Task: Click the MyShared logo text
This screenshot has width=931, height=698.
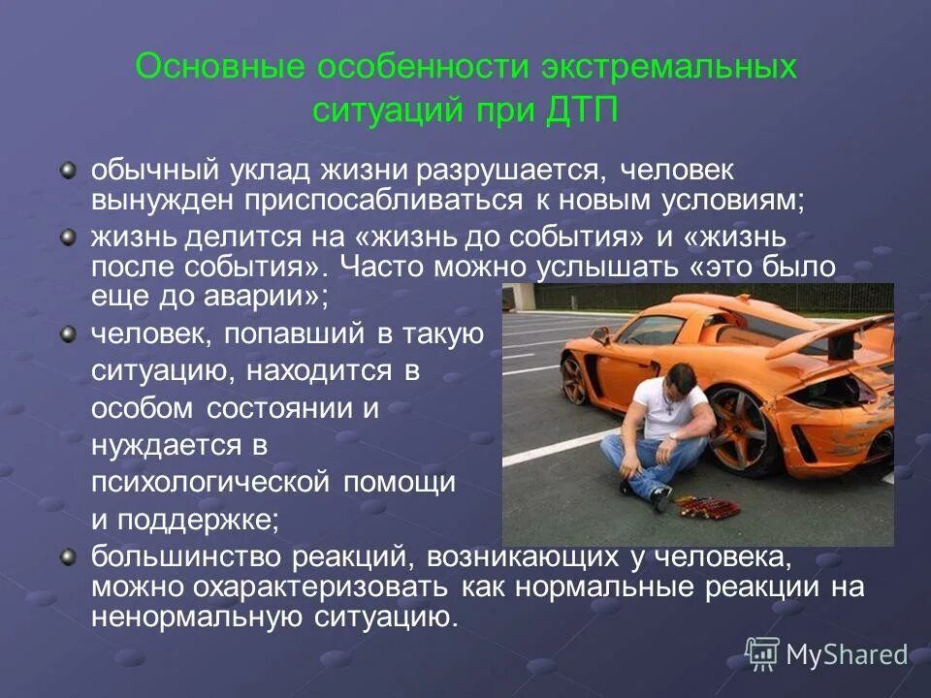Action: click(x=846, y=656)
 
